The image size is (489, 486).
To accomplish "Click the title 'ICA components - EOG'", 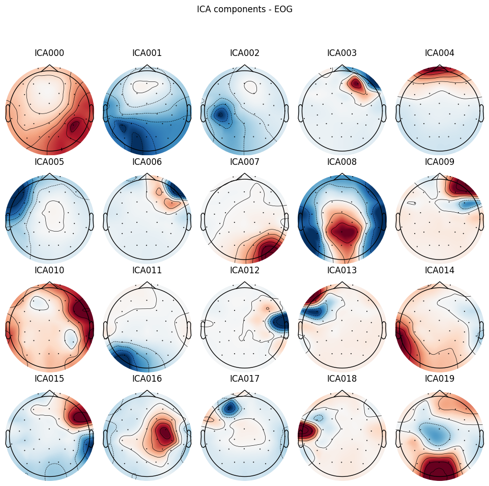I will [245, 9].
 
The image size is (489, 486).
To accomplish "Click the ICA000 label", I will [49, 53].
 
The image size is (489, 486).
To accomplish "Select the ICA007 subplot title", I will [245, 162].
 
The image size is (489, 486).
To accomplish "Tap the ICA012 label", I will [245, 270].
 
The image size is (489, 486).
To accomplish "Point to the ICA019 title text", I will [440, 379].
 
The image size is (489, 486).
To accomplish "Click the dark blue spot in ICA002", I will [220, 115].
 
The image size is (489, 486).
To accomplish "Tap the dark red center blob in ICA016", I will [164, 433].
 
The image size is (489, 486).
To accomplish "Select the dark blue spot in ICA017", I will [231, 407].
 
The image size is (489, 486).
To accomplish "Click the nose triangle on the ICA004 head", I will [440, 68].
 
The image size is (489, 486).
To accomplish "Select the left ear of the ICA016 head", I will [105, 438].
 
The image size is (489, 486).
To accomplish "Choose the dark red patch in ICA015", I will [81, 417].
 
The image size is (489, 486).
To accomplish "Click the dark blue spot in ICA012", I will [279, 321].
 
